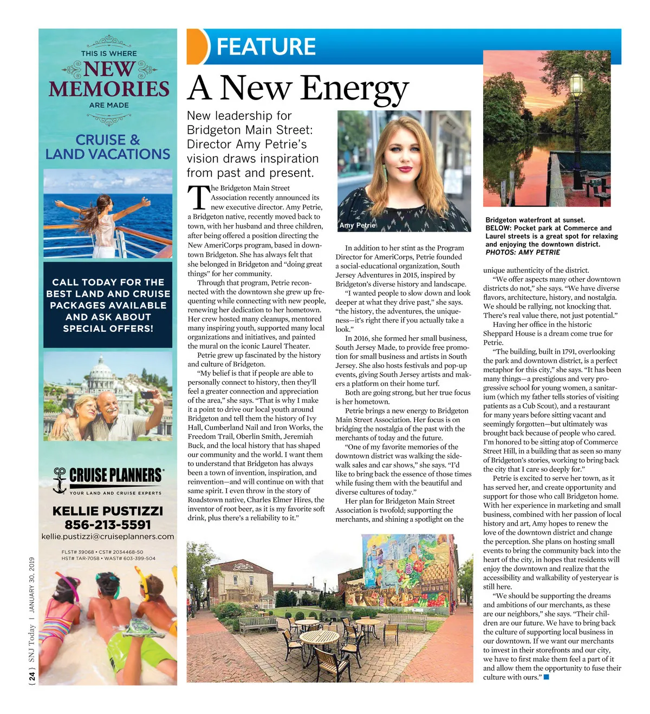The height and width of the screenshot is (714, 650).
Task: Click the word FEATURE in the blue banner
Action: (266, 47)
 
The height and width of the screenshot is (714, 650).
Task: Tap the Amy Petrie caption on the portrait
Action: (357, 225)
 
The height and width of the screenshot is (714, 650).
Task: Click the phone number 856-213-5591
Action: (108, 525)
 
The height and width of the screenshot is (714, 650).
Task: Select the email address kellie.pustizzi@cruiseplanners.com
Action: (108, 536)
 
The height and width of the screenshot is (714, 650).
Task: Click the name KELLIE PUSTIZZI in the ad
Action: (108, 511)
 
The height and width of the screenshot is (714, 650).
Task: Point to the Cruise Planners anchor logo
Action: (59, 480)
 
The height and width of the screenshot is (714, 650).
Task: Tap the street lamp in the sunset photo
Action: (576, 87)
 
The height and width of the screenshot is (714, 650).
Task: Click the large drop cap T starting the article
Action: (198, 198)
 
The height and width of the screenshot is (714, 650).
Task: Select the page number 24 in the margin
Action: (31, 676)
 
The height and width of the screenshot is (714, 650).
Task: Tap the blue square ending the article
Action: (546, 677)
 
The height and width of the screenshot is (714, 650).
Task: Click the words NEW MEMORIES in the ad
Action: (109, 80)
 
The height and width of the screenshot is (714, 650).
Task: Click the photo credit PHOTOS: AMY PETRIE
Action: (523, 252)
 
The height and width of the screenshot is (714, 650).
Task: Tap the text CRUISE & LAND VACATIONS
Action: (108, 147)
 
